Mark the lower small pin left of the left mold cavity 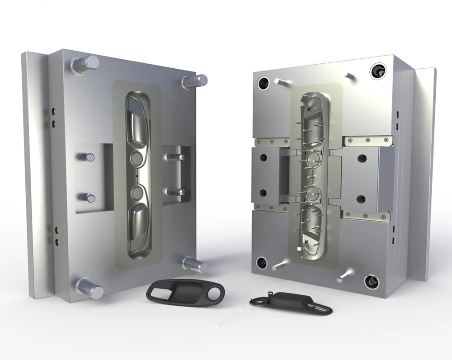[x=87, y=197]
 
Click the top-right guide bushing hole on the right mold [x=377, y=70]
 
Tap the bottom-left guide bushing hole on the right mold [x=262, y=262]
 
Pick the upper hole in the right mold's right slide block [x=362, y=159]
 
